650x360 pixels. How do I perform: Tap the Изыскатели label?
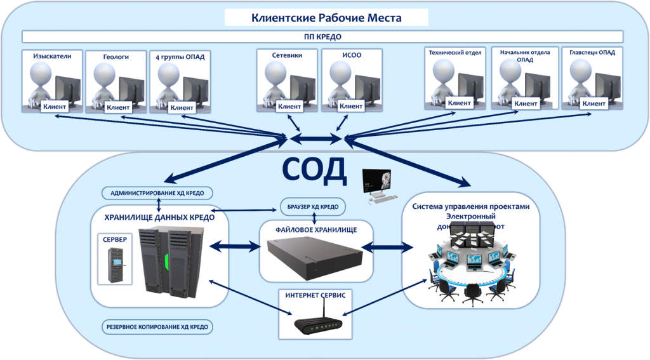[x=52, y=57]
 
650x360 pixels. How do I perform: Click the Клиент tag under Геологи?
[x=118, y=107]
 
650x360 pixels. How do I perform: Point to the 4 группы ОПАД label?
[x=180, y=57]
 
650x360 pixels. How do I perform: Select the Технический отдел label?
[x=456, y=52]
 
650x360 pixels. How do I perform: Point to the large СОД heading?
[x=314, y=169]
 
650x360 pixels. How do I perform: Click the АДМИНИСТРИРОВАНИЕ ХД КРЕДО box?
[x=157, y=192]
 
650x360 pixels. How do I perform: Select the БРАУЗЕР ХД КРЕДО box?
[x=313, y=207]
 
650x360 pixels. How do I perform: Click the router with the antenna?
[x=314, y=323]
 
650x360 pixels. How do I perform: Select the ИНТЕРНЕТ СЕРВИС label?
[x=315, y=296]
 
